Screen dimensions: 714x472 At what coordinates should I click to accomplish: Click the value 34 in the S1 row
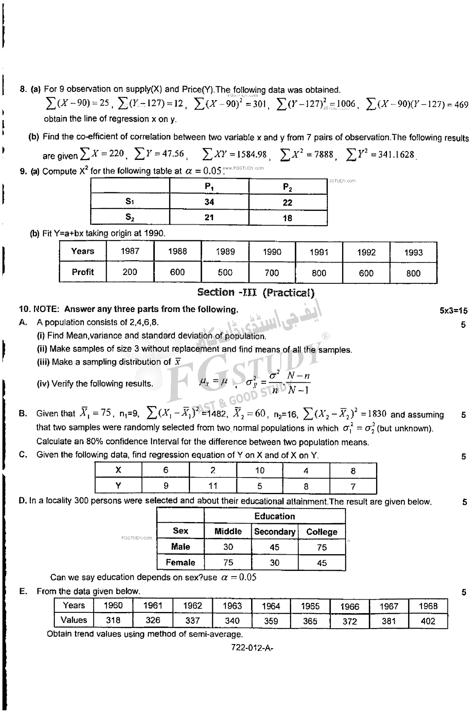(x=209, y=202)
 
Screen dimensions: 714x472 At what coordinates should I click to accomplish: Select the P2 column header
(x=288, y=187)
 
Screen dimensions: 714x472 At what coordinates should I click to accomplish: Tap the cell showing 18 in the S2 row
(x=288, y=218)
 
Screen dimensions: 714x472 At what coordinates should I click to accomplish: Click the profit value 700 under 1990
(x=272, y=273)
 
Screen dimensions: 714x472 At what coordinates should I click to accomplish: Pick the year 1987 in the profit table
(x=130, y=251)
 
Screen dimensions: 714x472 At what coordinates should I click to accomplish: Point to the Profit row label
(x=83, y=272)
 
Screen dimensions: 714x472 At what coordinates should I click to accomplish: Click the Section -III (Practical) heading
(x=256, y=292)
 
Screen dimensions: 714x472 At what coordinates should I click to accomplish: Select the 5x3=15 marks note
(x=453, y=311)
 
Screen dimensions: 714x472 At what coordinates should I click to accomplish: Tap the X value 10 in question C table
(x=260, y=471)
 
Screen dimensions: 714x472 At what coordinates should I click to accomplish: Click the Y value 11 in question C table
(x=213, y=486)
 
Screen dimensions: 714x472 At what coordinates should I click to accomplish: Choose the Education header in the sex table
(x=275, y=516)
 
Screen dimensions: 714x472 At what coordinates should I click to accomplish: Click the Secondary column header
(x=275, y=532)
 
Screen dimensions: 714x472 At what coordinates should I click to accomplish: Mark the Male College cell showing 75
(x=322, y=547)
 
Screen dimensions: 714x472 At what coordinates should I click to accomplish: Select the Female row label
(x=180, y=563)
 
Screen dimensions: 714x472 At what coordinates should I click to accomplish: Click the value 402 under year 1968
(x=428, y=621)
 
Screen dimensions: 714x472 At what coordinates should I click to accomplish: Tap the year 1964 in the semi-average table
(x=271, y=606)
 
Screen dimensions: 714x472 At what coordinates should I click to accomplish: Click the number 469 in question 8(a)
(x=461, y=105)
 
